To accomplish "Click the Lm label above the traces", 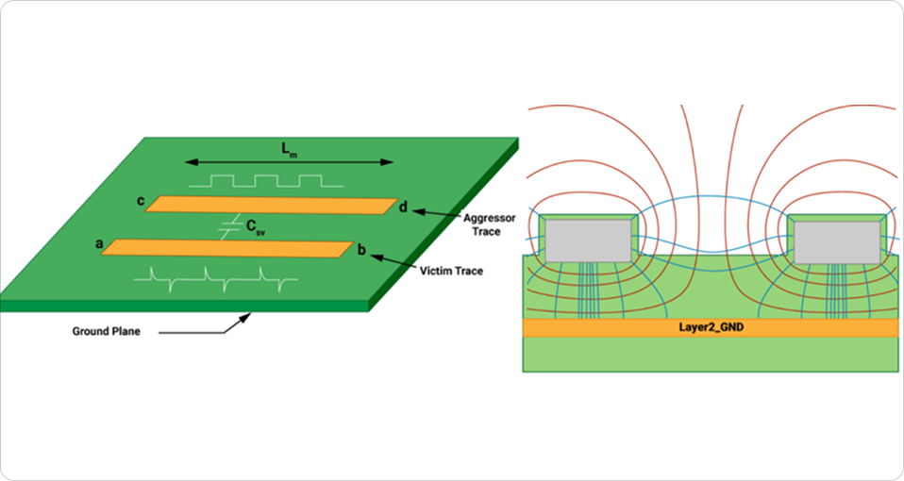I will point(286,149).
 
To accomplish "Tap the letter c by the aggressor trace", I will point(140,200).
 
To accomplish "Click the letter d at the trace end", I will point(403,207).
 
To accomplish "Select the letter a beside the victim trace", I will point(99,242).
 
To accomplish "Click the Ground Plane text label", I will point(107,331).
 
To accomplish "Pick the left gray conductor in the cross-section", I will point(588,241).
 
